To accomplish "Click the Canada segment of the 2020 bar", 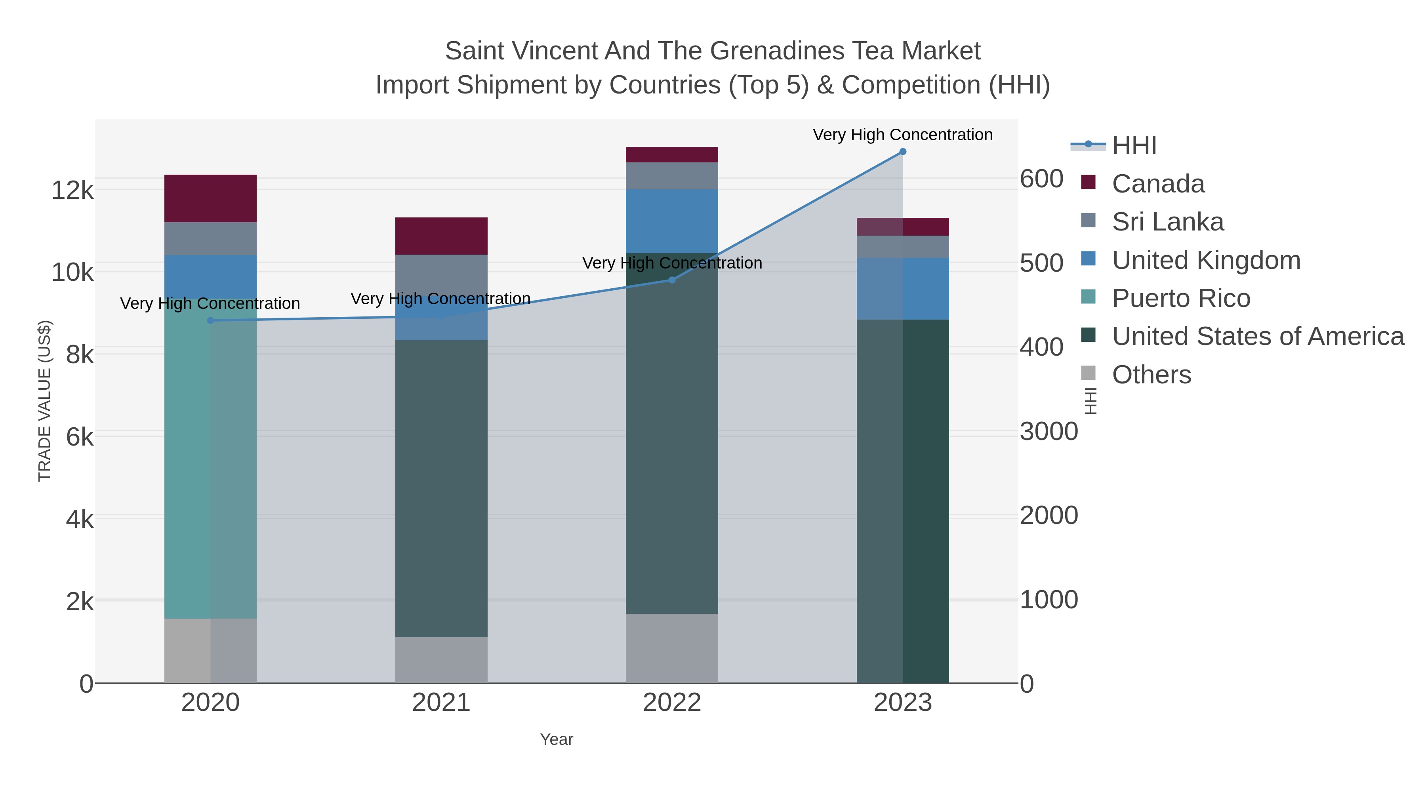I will click(210, 198).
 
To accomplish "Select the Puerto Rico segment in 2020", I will click(210, 459).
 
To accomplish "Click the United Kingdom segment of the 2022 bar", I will click(671, 221).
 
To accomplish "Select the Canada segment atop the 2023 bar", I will click(903, 227).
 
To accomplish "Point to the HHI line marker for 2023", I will click(903, 152).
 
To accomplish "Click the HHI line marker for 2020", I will click(210, 320).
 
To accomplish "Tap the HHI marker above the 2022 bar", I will click(672, 280).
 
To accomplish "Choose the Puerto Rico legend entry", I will click(1180, 298).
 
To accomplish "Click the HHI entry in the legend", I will click(1134, 146).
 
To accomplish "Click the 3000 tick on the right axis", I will click(1049, 432).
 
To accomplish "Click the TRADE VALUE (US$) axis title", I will click(44, 401).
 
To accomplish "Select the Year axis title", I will click(557, 739).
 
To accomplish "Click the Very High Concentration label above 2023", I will click(902, 135).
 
